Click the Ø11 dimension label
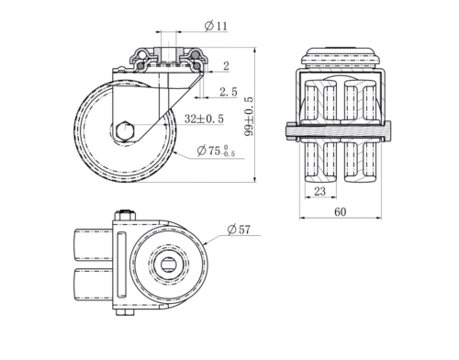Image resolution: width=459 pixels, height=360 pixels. (216, 26)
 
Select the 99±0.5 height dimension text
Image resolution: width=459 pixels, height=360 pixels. (249, 117)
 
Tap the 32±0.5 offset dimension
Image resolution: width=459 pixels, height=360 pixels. (204, 118)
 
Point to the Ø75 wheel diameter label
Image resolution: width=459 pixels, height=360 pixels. (216, 151)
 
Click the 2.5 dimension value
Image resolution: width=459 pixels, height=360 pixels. (229, 92)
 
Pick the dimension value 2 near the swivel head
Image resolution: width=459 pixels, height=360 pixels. (226, 66)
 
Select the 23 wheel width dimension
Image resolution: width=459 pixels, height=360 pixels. (319, 191)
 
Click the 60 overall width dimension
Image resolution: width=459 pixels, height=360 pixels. (341, 212)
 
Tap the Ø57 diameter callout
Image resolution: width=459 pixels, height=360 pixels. (239, 230)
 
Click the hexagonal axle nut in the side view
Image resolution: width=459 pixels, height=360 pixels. (125, 131)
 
